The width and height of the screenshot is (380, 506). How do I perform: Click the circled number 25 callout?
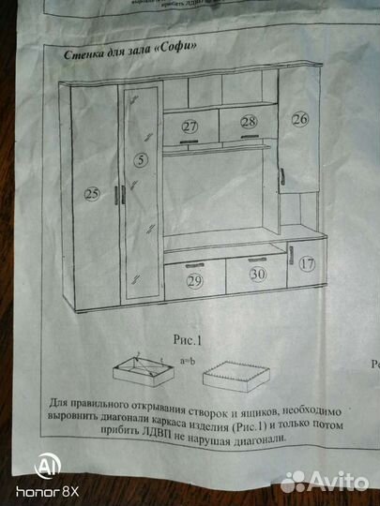coord(92,195)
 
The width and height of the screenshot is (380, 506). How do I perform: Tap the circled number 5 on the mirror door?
coord(140,160)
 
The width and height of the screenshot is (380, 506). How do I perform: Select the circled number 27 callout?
coord(190,126)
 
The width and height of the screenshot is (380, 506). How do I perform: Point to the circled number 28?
coord(248,123)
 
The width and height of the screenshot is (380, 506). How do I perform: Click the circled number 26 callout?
coord(299,120)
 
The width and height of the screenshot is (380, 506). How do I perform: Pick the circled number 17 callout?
coord(308,265)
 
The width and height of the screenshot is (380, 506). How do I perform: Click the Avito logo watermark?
coord(326,481)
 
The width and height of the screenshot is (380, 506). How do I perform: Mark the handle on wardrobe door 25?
coord(114,194)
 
